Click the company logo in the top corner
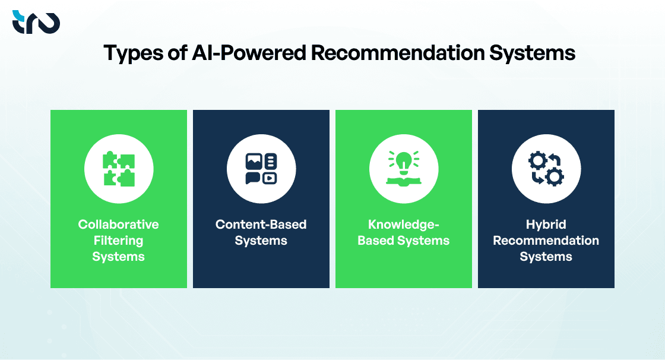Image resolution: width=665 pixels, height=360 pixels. [x=36, y=22]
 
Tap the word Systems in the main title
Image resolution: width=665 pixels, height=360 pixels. [x=533, y=53]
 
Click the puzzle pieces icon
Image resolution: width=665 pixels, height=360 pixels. [x=119, y=169]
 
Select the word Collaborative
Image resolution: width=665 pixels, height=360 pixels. [x=119, y=225]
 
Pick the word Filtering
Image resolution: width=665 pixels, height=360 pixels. [x=119, y=241]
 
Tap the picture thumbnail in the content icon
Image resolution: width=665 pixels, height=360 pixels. [x=254, y=161]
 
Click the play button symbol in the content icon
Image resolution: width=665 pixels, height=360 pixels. [x=270, y=177]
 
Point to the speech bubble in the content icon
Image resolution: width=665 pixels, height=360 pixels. [x=254, y=177]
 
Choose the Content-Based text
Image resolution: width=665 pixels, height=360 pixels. [x=261, y=225]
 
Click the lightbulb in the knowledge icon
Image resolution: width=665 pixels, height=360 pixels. [x=404, y=161]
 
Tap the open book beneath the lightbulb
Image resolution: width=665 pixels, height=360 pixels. [x=404, y=180]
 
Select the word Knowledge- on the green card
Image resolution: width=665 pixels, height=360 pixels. [x=404, y=225]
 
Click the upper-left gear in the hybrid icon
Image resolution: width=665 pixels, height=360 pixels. [x=538, y=160]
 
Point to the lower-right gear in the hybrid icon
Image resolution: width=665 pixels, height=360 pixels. [x=555, y=177]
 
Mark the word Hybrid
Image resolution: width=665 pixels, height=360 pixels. [x=546, y=225]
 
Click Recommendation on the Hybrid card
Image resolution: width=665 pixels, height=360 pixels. [x=546, y=241]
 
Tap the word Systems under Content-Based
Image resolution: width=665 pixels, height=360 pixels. [x=261, y=241]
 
